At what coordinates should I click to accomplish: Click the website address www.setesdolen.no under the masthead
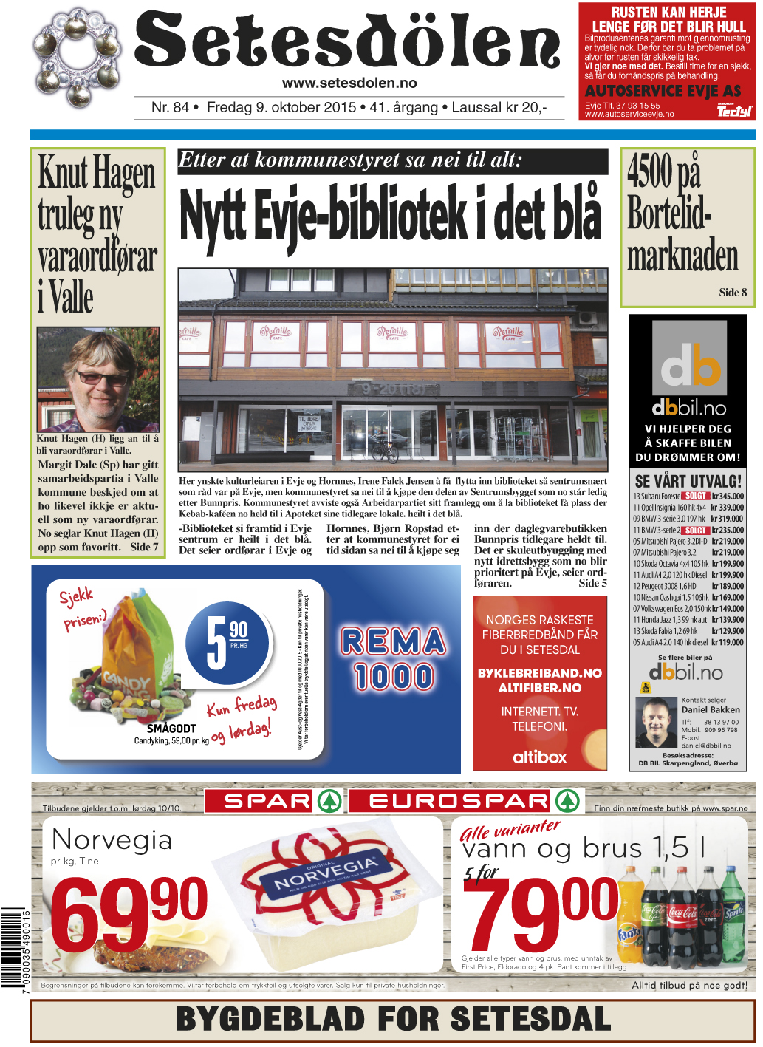(x=349, y=83)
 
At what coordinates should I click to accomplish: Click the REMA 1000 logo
(x=393, y=658)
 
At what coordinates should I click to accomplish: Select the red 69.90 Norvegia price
(x=128, y=918)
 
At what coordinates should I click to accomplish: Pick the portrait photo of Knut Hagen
(x=98, y=379)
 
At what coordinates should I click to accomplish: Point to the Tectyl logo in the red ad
(x=734, y=111)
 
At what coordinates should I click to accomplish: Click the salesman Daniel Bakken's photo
(x=655, y=723)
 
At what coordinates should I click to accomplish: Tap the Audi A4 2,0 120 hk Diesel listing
(x=688, y=575)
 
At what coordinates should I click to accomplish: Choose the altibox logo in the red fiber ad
(x=539, y=757)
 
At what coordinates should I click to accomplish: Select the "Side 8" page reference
(x=733, y=293)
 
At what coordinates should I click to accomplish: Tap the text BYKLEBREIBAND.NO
(x=539, y=673)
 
